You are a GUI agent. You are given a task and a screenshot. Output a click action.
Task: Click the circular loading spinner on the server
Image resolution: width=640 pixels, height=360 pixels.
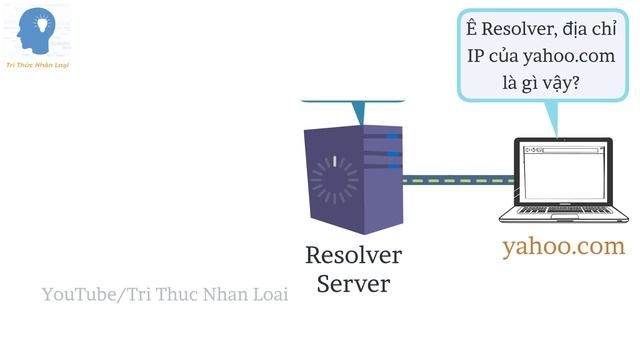click(x=333, y=179)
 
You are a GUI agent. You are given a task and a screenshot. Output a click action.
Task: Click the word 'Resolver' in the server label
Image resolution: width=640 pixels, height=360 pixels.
click(x=353, y=255)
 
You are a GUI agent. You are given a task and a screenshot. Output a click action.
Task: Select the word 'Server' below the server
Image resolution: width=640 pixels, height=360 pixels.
click(x=353, y=284)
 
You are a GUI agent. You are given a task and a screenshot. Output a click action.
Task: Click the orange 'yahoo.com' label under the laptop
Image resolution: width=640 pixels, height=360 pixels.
click(x=563, y=246)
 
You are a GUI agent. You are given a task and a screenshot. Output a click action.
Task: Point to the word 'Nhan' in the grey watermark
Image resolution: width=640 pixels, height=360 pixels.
click(x=224, y=294)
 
